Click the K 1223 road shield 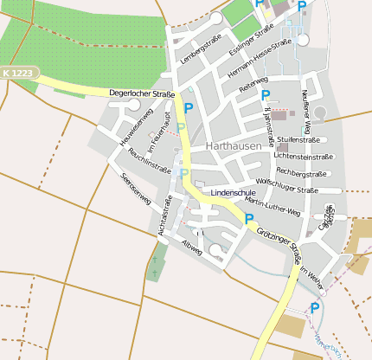point(17,74)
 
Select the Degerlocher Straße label point(143,93)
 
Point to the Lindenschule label point(232,191)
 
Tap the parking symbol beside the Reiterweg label point(266,95)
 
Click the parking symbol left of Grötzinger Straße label point(249,219)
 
